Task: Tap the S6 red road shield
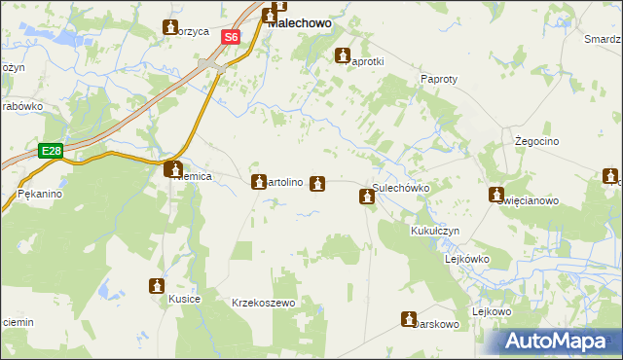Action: pos(230,37)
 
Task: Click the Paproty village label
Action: pos(440,79)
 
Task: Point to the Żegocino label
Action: pos(534,141)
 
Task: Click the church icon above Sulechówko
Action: pos(367,198)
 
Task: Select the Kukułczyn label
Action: pos(434,232)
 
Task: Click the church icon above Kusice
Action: pos(157,285)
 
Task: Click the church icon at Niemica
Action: pos(171,168)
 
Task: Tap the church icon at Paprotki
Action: pos(343,55)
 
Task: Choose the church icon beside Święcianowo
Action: pos(496,195)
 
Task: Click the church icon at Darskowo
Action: pos(409,318)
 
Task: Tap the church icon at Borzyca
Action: pos(171,26)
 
